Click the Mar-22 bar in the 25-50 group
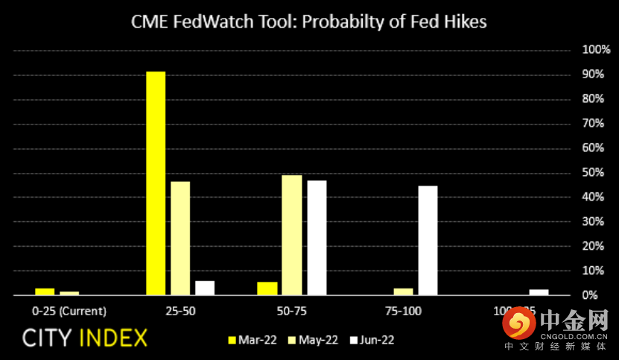155,183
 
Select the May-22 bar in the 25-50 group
180,239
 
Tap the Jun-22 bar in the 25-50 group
204,288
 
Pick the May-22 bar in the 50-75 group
292,235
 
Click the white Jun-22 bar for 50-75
317,238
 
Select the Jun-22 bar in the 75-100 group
428,240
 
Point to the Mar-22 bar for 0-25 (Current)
45,291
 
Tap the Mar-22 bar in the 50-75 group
267,288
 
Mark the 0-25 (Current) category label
69,310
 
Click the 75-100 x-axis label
404,310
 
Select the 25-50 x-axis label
181,310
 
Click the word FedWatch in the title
203,22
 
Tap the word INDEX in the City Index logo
112,338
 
